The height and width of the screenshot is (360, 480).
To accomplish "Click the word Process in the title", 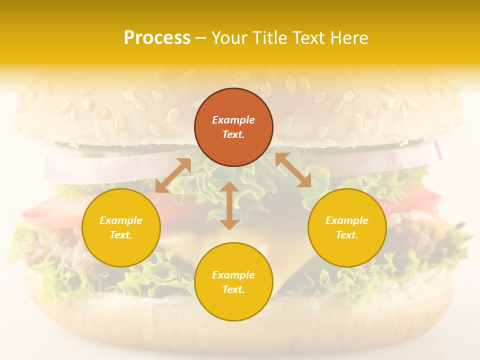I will pos(157,38).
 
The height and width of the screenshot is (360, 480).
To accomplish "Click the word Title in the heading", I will pos(268,38).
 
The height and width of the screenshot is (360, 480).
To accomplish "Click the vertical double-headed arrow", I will pos(229,205).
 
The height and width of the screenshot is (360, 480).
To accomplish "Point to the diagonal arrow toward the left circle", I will pos(173,175).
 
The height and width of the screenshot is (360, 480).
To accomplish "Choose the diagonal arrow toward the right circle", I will pos(293,170).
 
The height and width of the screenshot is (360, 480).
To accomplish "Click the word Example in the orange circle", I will pos(233,120).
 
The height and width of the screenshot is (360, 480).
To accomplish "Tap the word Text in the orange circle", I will pos(233,134).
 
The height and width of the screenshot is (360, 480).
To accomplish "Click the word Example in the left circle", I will pos(121,220).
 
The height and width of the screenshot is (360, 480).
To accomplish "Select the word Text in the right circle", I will pos(347,235).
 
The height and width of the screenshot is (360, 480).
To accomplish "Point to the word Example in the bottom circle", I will pos(233,275).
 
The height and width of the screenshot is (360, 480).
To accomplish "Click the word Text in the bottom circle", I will pos(233,289).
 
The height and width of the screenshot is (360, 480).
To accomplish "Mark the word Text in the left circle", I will pos(121,235).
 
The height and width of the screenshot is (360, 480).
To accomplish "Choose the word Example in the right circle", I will pos(347,220).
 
